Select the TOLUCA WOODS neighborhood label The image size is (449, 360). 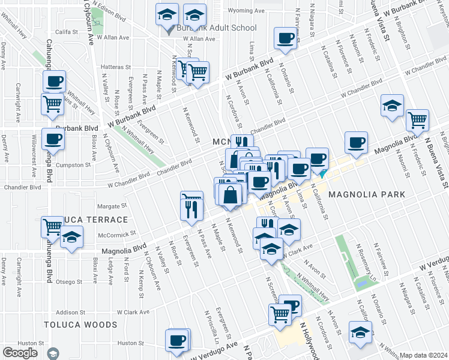[80, 325]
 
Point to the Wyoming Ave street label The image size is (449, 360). [247, 11]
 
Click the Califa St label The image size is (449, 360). [68, 32]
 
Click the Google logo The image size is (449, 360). [20, 352]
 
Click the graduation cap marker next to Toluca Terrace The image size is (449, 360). [71, 238]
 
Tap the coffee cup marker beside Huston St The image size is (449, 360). [177, 340]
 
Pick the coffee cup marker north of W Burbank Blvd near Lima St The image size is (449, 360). [285, 38]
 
